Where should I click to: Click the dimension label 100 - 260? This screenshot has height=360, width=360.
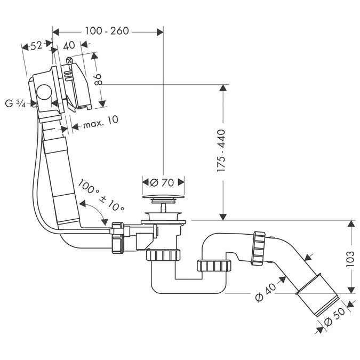[x=107, y=31]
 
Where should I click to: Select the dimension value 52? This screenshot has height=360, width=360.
[x=36, y=46]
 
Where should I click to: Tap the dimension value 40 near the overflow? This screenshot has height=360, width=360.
[x=68, y=46]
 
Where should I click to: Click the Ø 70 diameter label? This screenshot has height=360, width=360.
[x=163, y=182]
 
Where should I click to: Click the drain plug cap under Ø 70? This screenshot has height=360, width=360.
[x=163, y=201]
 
